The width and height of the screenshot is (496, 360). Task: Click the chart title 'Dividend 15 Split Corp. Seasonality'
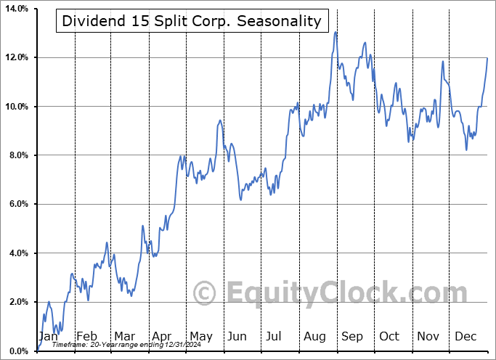tap(192, 21)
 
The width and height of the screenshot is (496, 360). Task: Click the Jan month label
tap(48, 336)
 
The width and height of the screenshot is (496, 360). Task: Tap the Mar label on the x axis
tap(124, 336)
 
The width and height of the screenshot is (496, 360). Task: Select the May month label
tap(200, 336)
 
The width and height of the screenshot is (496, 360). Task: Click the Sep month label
tap(352, 336)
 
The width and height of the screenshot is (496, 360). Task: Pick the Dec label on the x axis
tap(465, 336)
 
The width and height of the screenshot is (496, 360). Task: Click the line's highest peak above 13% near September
tap(336, 32)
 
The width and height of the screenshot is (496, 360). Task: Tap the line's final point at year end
tap(487, 58)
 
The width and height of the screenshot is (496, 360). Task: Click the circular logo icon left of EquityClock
tap(205, 293)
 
